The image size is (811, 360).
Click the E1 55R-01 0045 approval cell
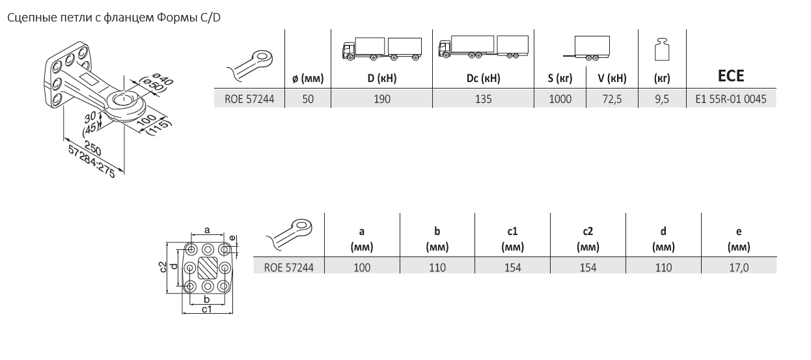[x=731, y=99]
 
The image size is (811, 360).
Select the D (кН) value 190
[x=381, y=99]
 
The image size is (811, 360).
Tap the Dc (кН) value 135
[x=483, y=99]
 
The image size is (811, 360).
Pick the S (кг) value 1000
[x=560, y=99]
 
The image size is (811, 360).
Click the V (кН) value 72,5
[x=612, y=99]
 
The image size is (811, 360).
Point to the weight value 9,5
[x=662, y=99]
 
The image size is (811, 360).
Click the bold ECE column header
[x=731, y=76]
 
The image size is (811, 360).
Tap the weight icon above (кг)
[x=662, y=49]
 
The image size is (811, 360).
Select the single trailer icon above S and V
[x=586, y=48]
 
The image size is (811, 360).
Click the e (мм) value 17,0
[x=739, y=268]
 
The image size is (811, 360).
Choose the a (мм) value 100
[x=362, y=268]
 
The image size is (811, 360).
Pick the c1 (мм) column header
[x=512, y=239]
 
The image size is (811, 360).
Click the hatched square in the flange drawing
[x=208, y=268]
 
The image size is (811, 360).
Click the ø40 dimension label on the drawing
[x=163, y=79]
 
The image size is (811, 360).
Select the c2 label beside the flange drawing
[x=163, y=267]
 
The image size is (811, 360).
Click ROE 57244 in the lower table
[x=288, y=268]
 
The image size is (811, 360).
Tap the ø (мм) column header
[x=308, y=78]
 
